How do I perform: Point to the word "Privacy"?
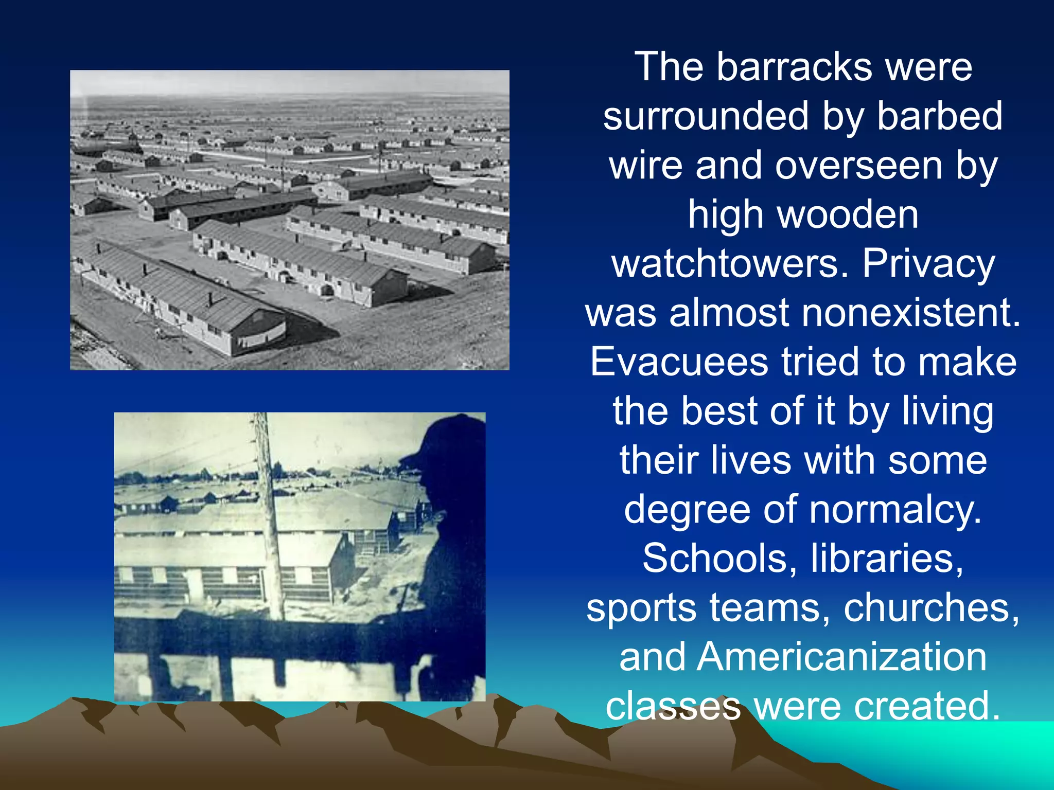(928, 264)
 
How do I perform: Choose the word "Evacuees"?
(679, 362)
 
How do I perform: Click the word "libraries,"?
(887, 559)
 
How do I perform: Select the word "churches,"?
(932, 608)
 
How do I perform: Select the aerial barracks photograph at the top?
(289, 220)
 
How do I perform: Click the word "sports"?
(641, 608)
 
